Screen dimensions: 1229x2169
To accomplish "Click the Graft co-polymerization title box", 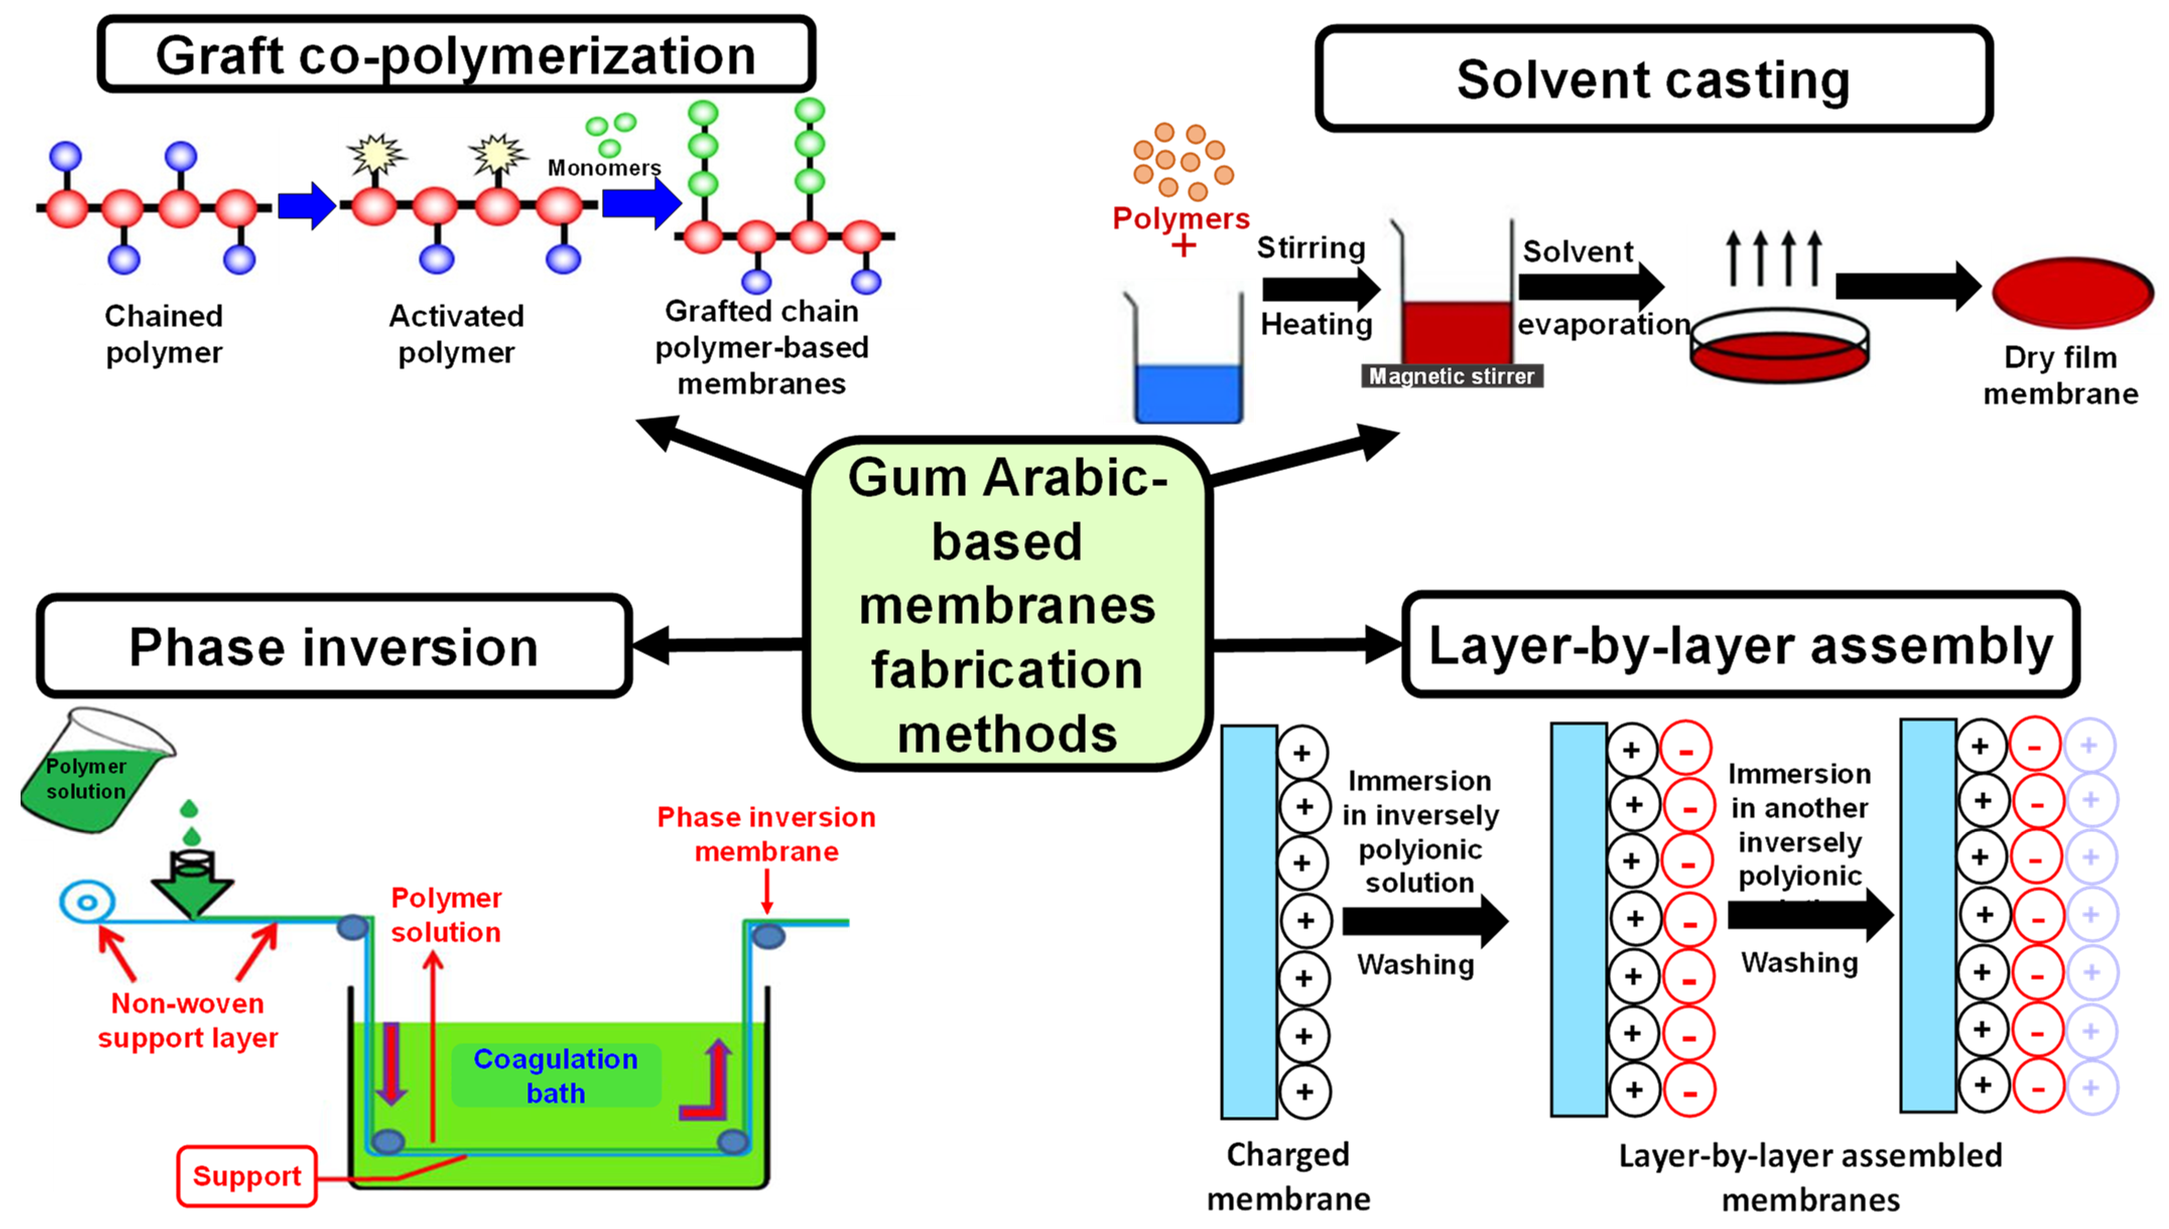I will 456,55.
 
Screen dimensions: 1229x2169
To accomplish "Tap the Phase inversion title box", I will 334,647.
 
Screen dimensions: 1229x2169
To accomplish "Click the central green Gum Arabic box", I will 1006,603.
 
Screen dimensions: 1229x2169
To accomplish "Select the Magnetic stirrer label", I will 1452,376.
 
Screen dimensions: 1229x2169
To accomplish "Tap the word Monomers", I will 604,168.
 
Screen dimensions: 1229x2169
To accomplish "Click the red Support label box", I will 246,1176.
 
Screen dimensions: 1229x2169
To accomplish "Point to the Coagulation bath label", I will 556,1075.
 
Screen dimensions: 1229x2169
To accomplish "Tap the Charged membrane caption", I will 1288,1176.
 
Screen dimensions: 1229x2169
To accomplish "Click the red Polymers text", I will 1180,219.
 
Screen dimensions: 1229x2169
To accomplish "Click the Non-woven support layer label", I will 187,1020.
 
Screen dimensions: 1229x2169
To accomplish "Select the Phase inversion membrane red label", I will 766,834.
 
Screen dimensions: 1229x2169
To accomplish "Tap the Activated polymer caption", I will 456,334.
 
